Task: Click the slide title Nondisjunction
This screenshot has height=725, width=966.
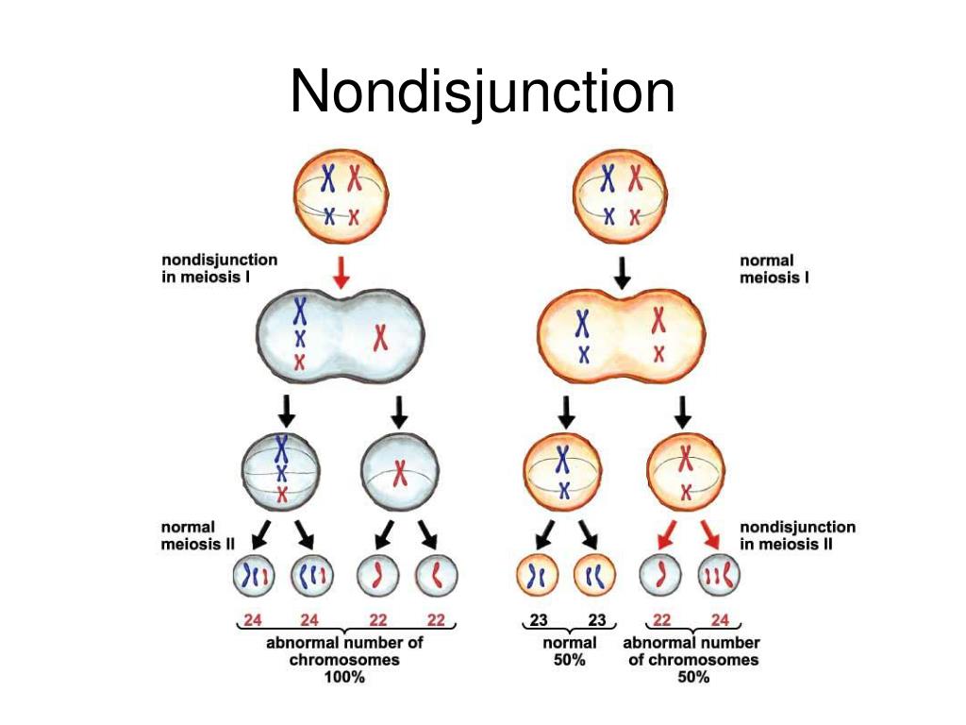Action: tap(482, 93)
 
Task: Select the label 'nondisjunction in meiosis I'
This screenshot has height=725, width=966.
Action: tap(219, 267)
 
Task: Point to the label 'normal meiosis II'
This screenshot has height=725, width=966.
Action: tap(189, 534)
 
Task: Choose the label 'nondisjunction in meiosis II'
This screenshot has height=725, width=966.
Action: tap(797, 535)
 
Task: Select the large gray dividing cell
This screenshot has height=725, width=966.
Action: tap(341, 335)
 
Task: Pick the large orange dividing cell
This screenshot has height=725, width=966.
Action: tap(621, 335)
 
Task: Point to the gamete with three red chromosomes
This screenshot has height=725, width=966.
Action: tap(719, 575)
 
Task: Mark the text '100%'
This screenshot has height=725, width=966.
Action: tap(343, 678)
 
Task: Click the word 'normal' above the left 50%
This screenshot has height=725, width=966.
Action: tap(568, 643)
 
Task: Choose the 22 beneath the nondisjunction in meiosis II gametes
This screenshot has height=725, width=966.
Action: tap(663, 621)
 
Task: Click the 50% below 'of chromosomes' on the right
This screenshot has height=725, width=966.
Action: tap(693, 678)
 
